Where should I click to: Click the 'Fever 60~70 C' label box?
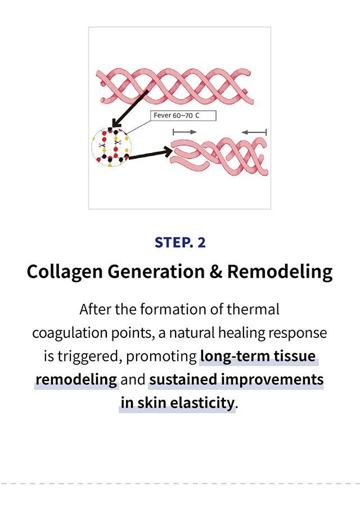pos(183,116)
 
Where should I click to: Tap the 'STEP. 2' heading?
pos(180,243)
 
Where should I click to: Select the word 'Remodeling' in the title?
pos(280,272)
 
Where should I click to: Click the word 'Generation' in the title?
pos(156,272)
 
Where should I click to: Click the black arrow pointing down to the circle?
pos(130,109)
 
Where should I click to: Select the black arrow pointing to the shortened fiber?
pos(150,154)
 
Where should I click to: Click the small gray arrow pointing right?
pos(184,132)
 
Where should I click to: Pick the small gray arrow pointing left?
pos(254,132)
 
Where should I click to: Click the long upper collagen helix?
pos(175,87)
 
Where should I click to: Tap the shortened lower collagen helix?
pos(219,156)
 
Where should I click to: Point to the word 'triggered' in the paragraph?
pos(88,356)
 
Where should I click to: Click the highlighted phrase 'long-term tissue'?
pos(258,356)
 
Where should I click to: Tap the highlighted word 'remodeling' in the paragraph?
pos(76,380)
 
